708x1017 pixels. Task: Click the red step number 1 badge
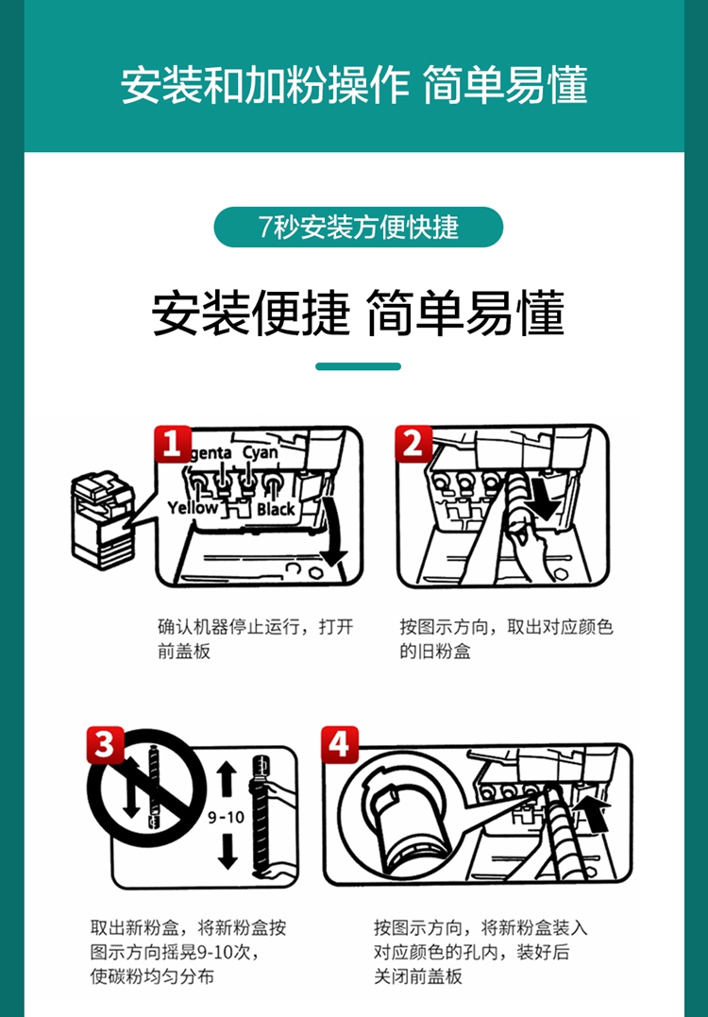click(x=173, y=445)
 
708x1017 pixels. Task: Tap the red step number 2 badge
click(x=413, y=445)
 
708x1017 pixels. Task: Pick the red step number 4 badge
click(x=340, y=745)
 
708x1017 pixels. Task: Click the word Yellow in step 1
click(x=193, y=508)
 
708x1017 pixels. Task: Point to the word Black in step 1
click(x=276, y=509)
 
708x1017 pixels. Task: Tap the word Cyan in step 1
click(x=261, y=452)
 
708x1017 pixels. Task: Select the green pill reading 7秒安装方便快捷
click(x=359, y=227)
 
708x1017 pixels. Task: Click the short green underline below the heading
click(x=359, y=366)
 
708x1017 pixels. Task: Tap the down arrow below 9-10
click(x=228, y=852)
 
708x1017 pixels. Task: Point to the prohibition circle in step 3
click(x=147, y=788)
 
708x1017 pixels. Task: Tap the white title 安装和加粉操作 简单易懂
click(x=354, y=85)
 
